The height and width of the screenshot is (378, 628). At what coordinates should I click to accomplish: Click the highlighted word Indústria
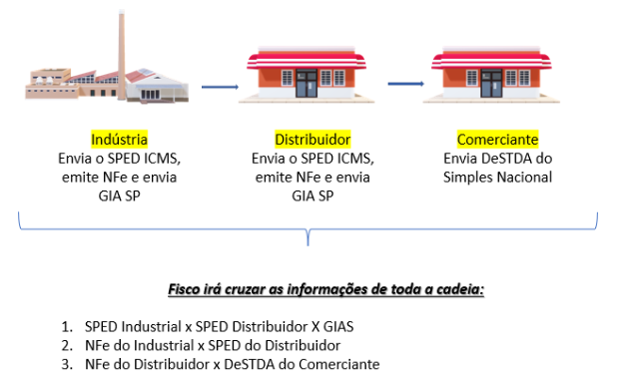point(119,139)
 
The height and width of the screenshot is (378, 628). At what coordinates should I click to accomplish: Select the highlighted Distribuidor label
point(313,139)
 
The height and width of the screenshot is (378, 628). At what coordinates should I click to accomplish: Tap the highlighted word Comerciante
point(498,139)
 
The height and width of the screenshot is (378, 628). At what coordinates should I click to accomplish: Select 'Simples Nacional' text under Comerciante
point(498,177)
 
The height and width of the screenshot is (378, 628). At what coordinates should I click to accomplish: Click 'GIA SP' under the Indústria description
point(119,195)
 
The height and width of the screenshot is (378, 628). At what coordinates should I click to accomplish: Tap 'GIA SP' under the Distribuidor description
point(313,195)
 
